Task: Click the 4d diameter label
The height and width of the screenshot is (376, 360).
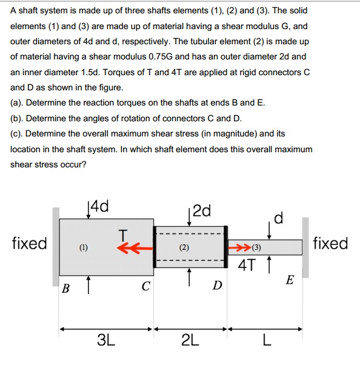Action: (x=99, y=207)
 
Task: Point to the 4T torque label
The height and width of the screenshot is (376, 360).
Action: (x=247, y=264)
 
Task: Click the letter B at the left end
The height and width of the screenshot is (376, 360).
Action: (x=65, y=287)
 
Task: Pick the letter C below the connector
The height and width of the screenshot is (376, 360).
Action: (x=145, y=287)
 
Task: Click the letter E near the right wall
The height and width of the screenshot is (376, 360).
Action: (x=290, y=280)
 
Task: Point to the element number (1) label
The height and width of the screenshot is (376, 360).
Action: (x=83, y=247)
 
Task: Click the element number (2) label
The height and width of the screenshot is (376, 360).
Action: (x=184, y=247)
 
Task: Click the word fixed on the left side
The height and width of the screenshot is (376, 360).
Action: (x=29, y=244)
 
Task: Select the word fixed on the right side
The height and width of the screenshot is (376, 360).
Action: (x=331, y=244)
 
